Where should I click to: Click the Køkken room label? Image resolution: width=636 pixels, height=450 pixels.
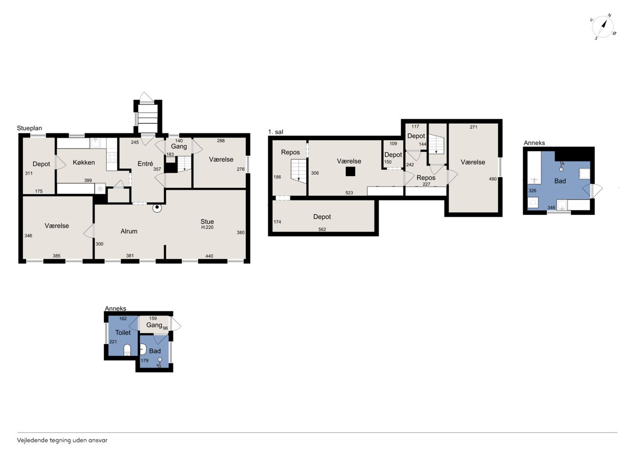tap(84, 162)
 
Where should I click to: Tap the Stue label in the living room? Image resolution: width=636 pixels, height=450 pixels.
tap(207, 221)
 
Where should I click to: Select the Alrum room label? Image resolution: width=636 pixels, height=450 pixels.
tap(129, 231)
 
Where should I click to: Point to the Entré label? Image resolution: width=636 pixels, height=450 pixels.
tap(145, 164)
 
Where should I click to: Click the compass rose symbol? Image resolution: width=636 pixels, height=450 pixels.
tap(603, 27)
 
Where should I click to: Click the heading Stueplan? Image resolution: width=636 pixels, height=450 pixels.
tap(29, 128)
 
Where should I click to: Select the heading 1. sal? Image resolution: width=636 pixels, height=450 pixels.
tap(276, 132)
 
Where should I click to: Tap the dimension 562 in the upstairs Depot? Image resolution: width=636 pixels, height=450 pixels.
tap(322, 229)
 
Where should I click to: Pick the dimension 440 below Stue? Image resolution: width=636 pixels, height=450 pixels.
tap(209, 256)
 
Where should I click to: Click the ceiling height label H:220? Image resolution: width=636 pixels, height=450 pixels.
tap(207, 227)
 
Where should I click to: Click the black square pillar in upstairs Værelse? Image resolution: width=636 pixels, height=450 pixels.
tap(350, 172)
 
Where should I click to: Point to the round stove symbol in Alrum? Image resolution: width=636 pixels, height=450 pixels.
tap(157, 208)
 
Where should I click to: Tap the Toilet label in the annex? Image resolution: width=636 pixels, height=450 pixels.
tap(123, 332)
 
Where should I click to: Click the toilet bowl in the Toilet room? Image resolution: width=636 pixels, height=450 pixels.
tap(127, 350)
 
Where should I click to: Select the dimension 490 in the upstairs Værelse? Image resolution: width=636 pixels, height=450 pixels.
tap(493, 179)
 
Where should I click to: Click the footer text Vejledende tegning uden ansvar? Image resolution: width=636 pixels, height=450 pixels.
tap(62, 441)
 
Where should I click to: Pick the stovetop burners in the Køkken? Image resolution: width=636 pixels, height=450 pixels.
tap(112, 158)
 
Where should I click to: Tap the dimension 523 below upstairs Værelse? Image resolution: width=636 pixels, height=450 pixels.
tap(349, 192)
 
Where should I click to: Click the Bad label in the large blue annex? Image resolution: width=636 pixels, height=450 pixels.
tap(560, 181)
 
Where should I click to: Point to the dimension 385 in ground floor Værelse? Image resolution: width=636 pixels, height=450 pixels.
tap(57, 256)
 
